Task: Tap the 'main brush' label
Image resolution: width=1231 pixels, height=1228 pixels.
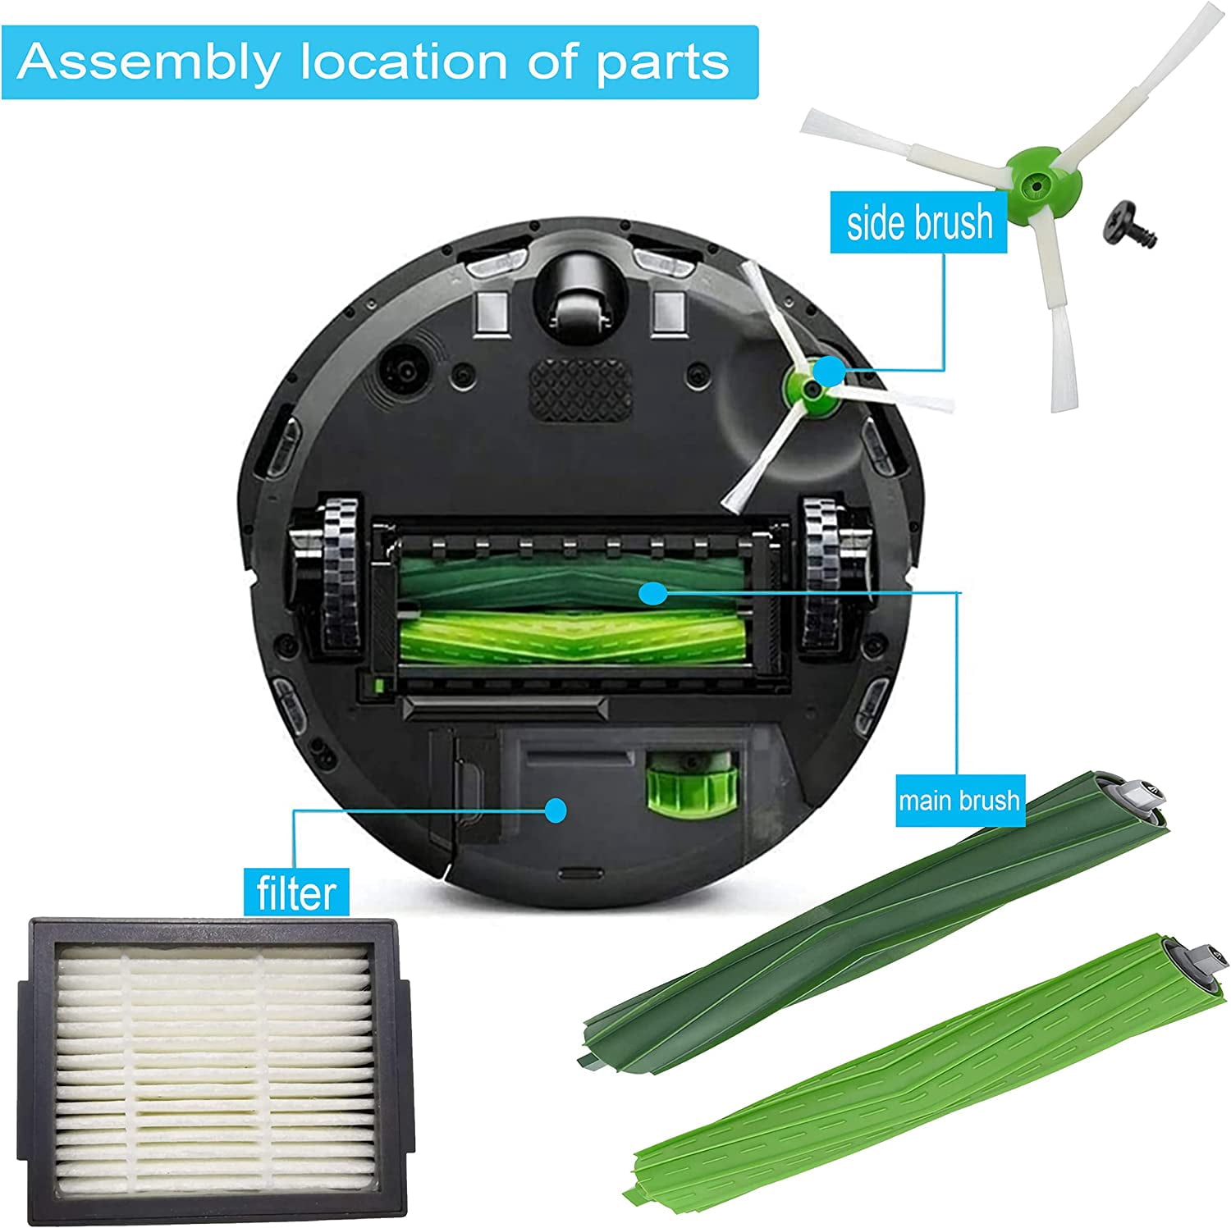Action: (959, 800)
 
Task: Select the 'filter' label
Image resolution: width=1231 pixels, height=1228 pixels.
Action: (295, 891)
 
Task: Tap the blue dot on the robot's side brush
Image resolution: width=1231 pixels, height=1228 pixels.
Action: (830, 371)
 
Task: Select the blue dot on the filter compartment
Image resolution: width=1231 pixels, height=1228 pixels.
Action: (556, 809)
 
